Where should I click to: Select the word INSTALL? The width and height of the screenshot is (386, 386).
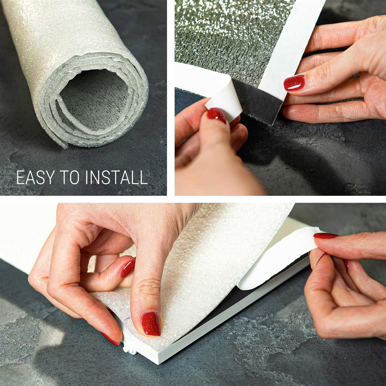click(x=117, y=177)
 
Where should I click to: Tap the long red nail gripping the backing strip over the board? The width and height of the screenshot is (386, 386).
click(x=326, y=235)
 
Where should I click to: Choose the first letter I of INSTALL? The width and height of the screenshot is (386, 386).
click(x=88, y=177)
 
